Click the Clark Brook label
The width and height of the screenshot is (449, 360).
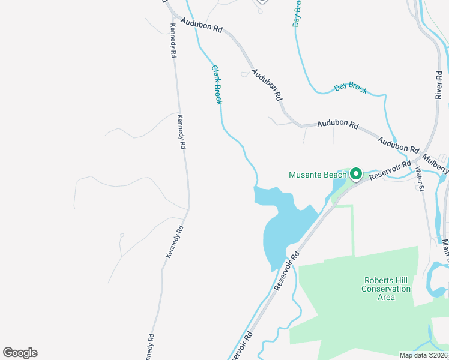point(217,85)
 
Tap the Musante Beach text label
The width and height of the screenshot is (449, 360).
point(318,175)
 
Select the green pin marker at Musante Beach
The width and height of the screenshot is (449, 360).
point(355,174)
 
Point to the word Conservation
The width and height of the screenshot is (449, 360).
point(386,289)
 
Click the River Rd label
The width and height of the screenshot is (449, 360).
point(439,83)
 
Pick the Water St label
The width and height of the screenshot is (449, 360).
point(420,179)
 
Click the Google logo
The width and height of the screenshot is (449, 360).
point(20,352)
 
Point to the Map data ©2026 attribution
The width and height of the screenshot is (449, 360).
point(423,355)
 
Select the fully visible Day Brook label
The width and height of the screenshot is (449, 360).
point(351,88)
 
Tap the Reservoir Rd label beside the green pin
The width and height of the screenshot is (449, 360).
point(390,170)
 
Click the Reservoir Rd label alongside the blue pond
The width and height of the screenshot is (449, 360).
point(286,271)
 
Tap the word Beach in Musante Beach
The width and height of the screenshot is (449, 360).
point(334,175)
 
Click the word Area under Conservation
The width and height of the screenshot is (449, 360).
point(386,297)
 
